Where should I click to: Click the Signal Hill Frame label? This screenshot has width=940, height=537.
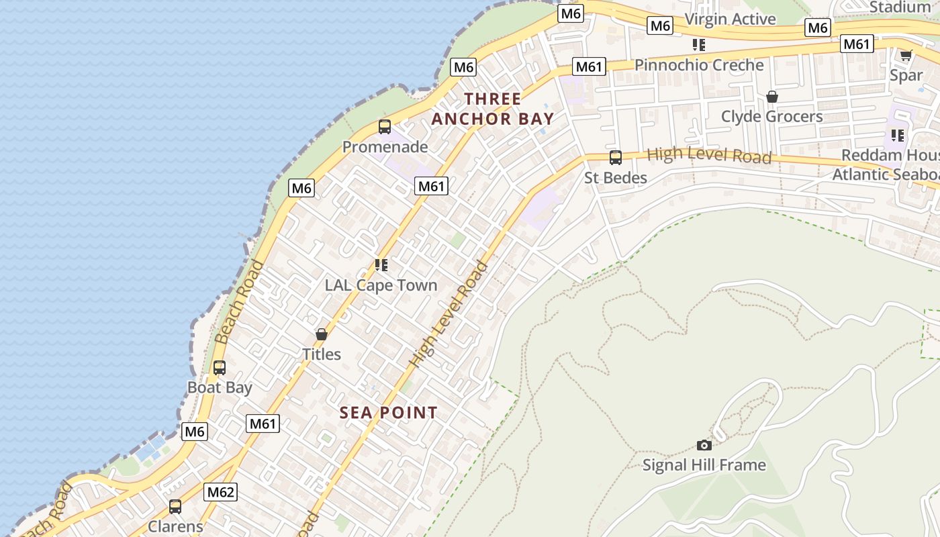point(704,465)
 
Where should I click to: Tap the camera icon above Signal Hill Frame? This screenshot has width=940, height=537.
point(704,445)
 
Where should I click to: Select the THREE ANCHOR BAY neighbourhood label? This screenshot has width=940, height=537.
point(493,109)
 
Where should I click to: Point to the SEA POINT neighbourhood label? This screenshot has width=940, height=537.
point(388,412)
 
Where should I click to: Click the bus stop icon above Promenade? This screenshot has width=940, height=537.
point(385,127)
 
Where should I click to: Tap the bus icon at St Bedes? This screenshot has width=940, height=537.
point(615,158)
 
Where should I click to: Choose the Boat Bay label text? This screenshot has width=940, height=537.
point(220,387)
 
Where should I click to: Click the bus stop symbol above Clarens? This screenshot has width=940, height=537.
point(175,507)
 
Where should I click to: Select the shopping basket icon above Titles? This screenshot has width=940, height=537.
point(322,334)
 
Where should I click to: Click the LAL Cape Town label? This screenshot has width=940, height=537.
point(381,285)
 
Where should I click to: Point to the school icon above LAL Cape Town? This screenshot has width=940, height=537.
point(381,265)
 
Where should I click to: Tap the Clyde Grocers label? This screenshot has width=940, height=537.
point(771,116)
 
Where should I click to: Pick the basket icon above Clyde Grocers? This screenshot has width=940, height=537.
point(772,97)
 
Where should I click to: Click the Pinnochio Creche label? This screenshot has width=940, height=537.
point(699,65)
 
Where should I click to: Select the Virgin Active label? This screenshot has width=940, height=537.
point(731,19)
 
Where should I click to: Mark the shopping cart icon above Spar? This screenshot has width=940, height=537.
point(906,55)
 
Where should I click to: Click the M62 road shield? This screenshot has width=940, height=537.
point(220,492)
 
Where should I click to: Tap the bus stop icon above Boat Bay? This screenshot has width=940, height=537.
point(220,368)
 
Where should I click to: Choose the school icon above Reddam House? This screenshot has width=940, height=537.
point(898,136)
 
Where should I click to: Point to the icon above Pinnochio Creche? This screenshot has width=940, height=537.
point(699,45)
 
